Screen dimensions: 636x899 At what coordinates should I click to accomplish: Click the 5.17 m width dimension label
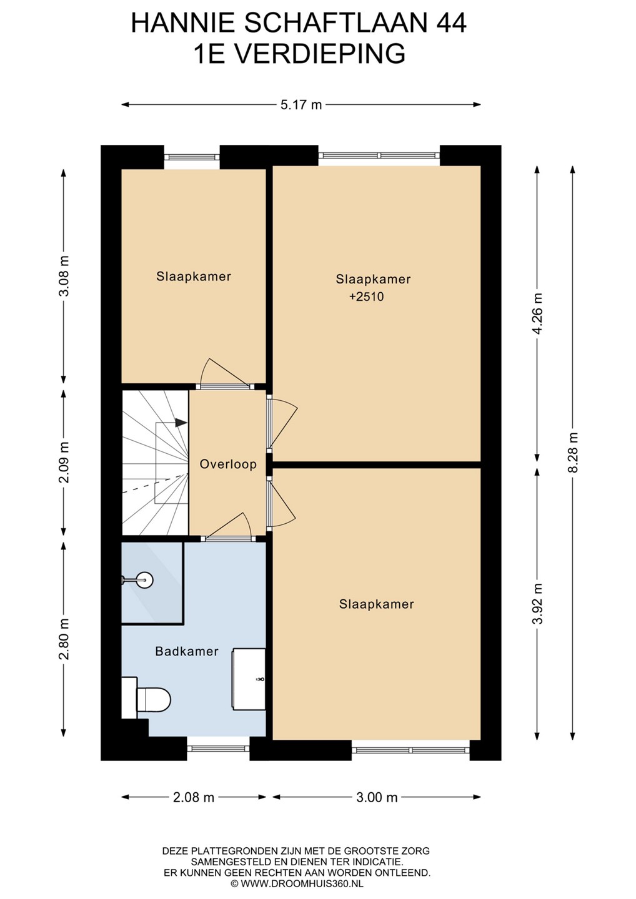[301, 105]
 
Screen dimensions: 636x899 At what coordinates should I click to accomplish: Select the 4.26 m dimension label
[537, 313]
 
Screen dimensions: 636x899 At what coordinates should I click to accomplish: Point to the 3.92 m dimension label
[537, 604]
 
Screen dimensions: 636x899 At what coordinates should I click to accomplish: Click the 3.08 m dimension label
[64, 276]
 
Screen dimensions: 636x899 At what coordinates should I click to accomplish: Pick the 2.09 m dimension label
[64, 463]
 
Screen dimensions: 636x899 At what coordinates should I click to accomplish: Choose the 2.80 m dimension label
[64, 639]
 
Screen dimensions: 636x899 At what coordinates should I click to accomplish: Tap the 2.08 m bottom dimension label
[193, 797]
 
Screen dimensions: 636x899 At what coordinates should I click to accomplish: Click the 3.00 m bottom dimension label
[377, 797]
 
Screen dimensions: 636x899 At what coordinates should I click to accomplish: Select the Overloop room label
[228, 464]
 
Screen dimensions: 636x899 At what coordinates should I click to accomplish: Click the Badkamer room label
[187, 651]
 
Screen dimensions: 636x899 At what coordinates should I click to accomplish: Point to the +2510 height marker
[367, 297]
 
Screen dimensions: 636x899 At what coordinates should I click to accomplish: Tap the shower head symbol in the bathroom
[137, 579]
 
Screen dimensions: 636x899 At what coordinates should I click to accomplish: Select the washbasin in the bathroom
[248, 679]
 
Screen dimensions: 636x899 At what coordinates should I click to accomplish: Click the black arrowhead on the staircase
[181, 423]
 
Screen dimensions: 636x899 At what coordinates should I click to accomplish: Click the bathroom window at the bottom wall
[219, 748]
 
